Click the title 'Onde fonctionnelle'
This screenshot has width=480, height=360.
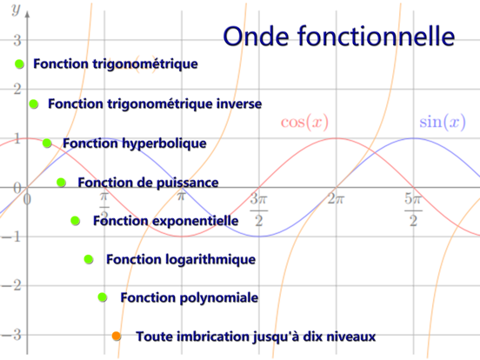pyautogui.click(x=339, y=37)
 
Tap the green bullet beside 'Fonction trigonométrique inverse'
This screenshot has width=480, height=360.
pyautogui.click(x=34, y=103)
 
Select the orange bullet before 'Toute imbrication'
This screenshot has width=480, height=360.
pyautogui.click(x=117, y=336)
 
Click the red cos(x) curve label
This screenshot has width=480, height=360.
pyautogui.click(x=305, y=122)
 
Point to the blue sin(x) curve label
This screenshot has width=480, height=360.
pyautogui.click(x=442, y=122)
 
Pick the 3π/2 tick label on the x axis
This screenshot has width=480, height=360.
pyautogui.click(x=259, y=209)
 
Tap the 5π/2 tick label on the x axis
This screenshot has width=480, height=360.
pyautogui.click(x=414, y=209)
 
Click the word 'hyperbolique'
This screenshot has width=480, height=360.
pyautogui.click(x=163, y=143)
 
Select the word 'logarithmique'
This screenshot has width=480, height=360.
pyautogui.click(x=212, y=259)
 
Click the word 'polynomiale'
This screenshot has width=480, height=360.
pyautogui.click(x=218, y=297)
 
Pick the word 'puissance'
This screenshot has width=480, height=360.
pyautogui.click(x=187, y=182)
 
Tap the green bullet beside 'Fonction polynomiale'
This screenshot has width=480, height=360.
pyautogui.click(x=103, y=297)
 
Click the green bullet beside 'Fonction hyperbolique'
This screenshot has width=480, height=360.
pyautogui.click(x=48, y=143)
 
